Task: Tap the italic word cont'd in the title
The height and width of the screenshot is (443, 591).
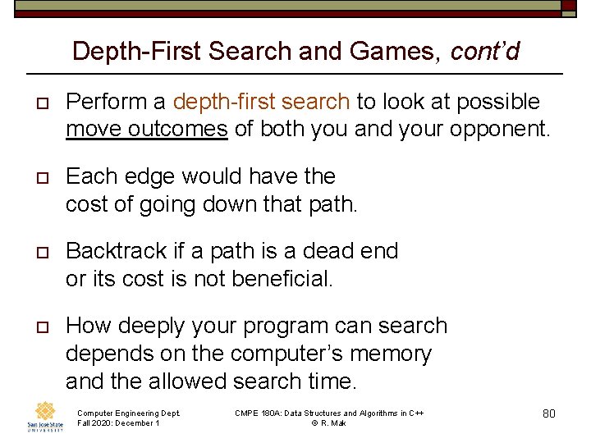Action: (485, 52)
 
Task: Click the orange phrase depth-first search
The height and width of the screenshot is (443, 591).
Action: (261, 102)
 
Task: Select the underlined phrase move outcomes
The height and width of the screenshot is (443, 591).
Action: (147, 129)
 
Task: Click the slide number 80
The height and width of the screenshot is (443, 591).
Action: (549, 413)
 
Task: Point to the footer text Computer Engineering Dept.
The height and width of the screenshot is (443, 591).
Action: (128, 413)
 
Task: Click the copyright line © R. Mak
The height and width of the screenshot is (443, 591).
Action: (328, 423)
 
